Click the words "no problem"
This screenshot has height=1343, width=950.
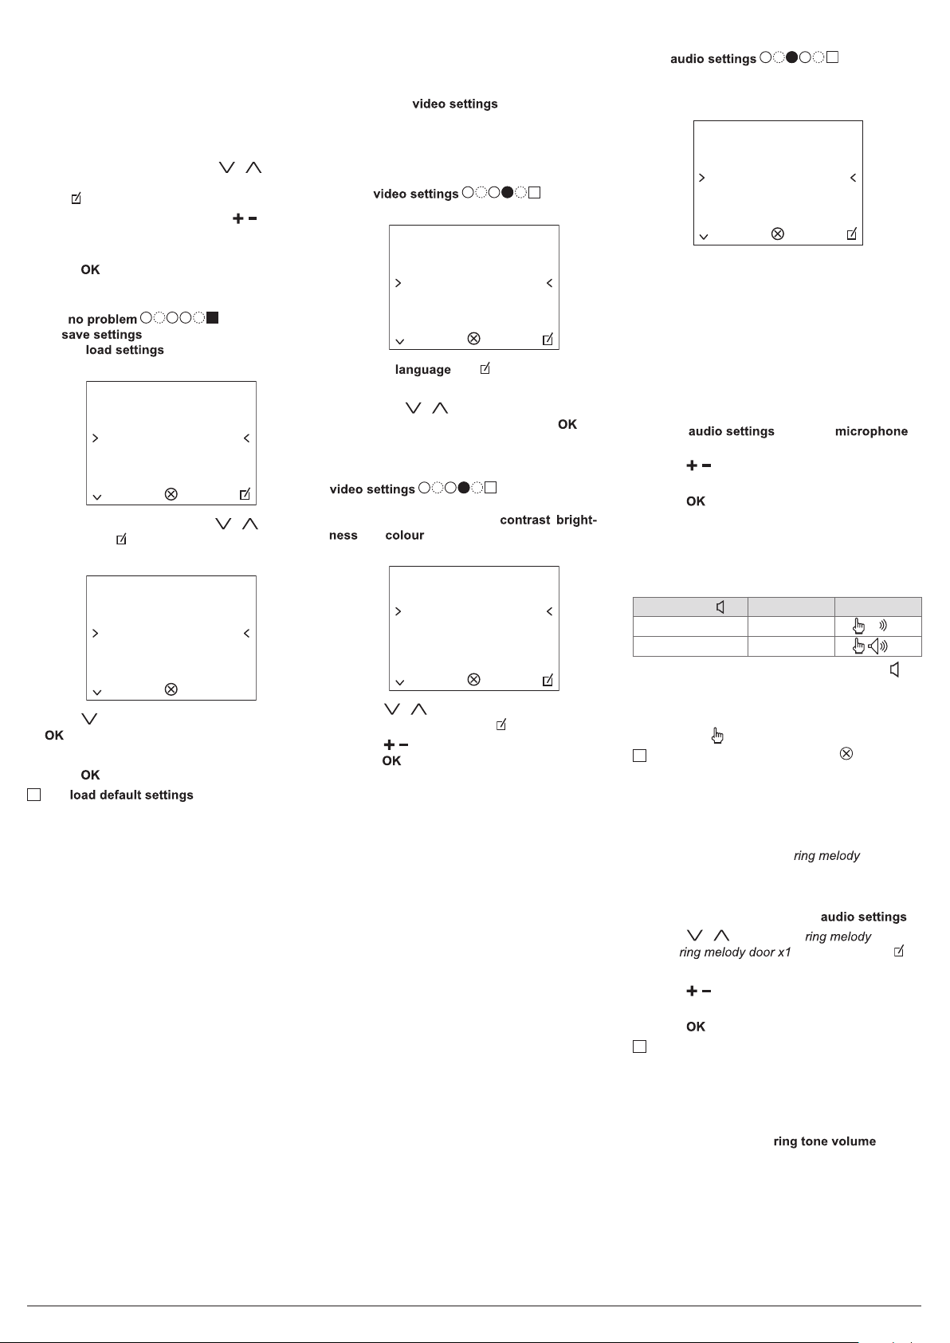point(102,319)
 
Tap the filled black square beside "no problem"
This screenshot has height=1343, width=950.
point(213,318)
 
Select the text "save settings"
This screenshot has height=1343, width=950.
point(101,335)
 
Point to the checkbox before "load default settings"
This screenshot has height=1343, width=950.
point(33,795)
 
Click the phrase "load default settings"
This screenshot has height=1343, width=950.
point(132,795)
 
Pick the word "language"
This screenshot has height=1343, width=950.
point(422,370)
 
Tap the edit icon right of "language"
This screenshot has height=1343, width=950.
point(485,369)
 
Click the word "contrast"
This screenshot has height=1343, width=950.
point(524,520)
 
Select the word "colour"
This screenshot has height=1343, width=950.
point(404,536)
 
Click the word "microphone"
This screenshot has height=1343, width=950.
point(871,431)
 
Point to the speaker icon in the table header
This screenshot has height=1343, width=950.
point(720,607)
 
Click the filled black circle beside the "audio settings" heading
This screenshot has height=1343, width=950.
point(791,57)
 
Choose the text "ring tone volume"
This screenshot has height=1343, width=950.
point(824,1141)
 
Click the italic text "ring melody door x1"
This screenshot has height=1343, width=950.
point(735,952)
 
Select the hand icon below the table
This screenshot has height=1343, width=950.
point(717,736)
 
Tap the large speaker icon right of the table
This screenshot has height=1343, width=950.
point(895,670)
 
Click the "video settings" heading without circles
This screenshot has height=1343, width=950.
point(454,104)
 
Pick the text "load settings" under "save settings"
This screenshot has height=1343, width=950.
point(124,350)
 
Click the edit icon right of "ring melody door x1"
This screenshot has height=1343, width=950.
point(899,952)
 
